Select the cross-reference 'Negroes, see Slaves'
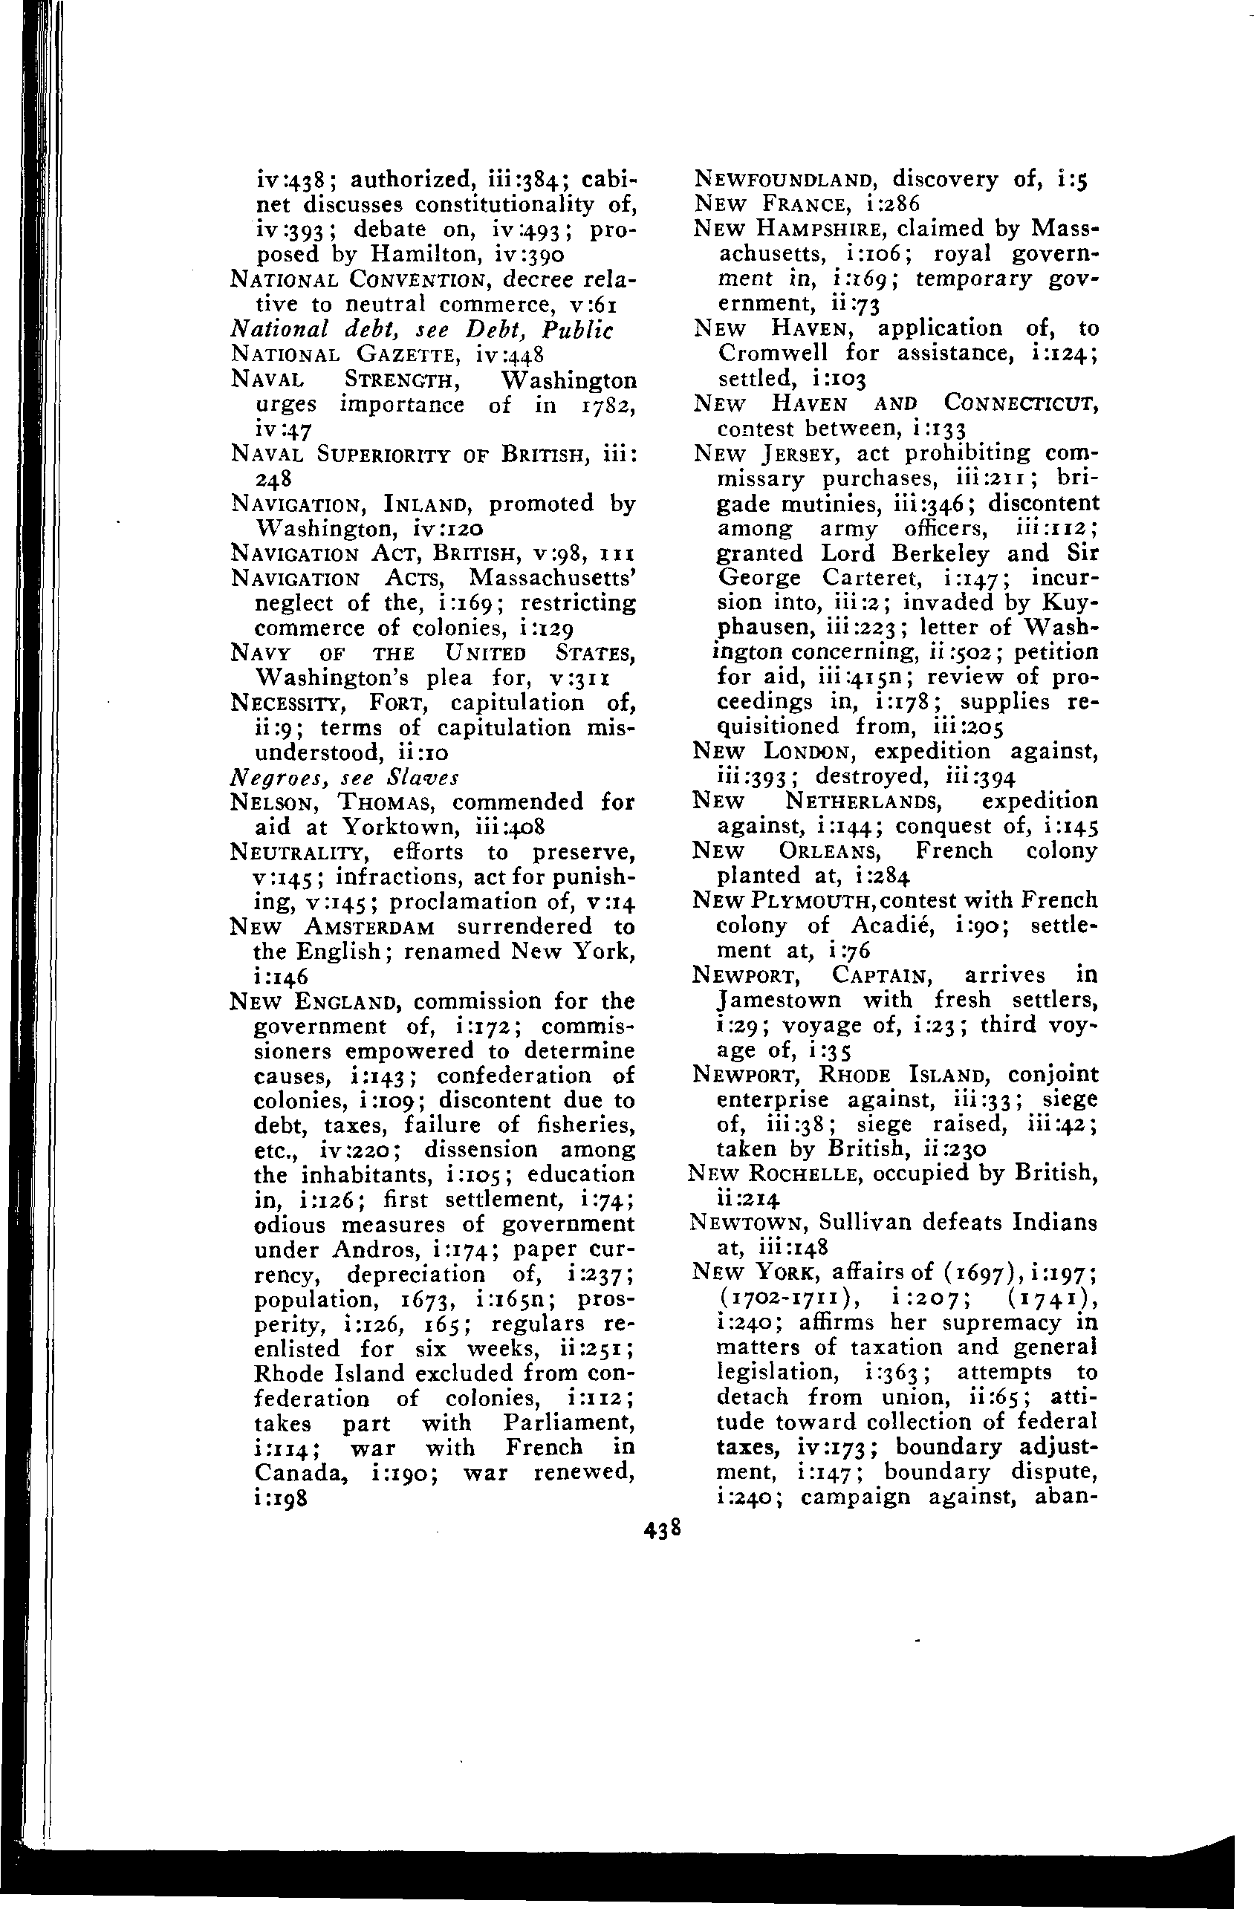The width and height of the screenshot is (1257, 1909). (344, 777)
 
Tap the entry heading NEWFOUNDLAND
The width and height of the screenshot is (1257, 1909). (782, 178)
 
